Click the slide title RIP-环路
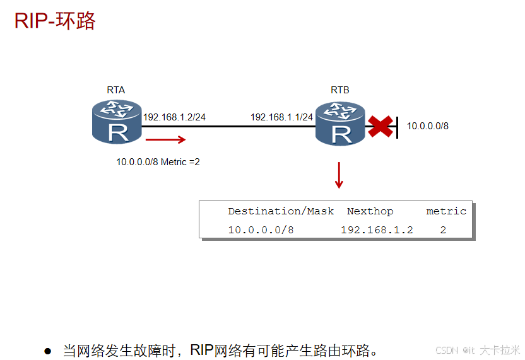coord(55,20)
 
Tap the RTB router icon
coord(341,122)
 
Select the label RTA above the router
coord(115,90)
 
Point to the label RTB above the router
coord(339,90)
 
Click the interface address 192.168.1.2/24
coord(175,117)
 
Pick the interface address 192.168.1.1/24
coord(281,117)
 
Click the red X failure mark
coord(380,126)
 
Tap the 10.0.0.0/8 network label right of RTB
coord(427,126)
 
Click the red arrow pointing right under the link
coord(166,140)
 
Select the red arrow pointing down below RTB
coord(339,175)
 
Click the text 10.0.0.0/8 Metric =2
coord(158,162)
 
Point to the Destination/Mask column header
coord(281,211)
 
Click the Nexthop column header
coord(370,211)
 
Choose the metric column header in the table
coord(446,211)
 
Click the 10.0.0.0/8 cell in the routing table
coord(261,230)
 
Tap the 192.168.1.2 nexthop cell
coord(377,230)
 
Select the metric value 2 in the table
coord(443,230)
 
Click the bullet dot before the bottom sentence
coord(47,351)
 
